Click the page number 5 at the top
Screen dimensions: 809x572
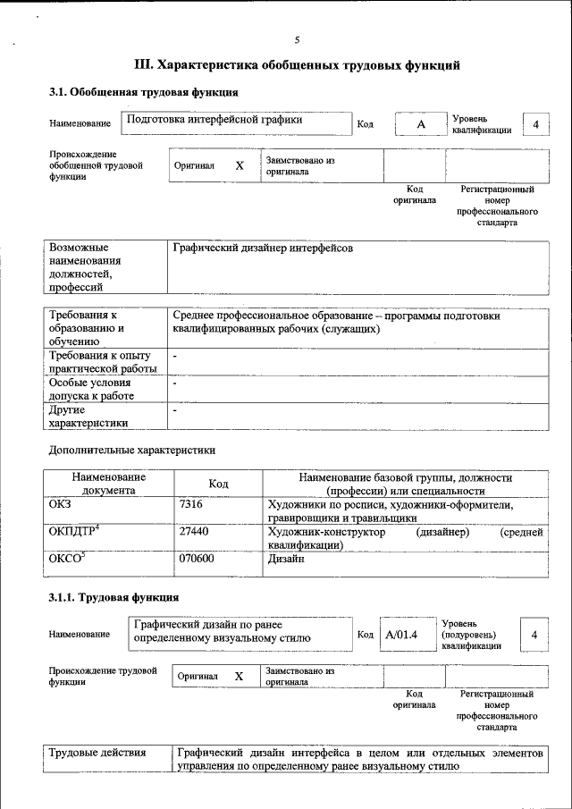click(297, 39)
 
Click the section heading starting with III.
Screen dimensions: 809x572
click(297, 65)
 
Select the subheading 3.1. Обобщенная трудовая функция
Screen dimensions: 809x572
click(143, 92)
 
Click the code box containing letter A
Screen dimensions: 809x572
click(420, 124)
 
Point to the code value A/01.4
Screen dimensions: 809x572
click(401, 635)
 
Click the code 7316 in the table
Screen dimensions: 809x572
click(191, 505)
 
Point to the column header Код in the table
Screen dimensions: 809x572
click(218, 484)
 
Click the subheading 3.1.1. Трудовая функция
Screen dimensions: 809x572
click(114, 596)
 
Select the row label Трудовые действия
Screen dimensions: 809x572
click(97, 753)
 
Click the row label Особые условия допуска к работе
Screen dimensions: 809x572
click(92, 389)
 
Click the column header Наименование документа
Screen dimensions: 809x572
click(109, 484)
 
